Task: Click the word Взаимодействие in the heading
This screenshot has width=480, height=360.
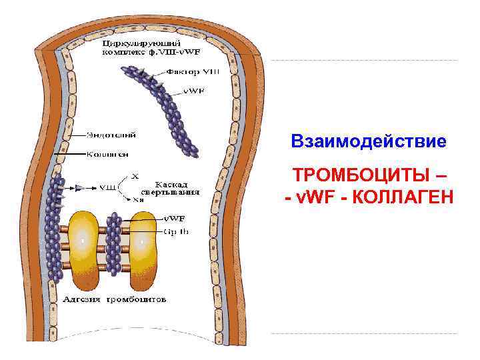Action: click(368, 142)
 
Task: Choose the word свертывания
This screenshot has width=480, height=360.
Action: click(178, 191)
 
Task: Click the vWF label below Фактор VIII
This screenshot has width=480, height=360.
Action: click(195, 91)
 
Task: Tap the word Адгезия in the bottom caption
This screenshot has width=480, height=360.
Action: click(83, 300)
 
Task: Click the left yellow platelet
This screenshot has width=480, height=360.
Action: click(83, 249)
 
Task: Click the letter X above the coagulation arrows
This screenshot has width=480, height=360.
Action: click(135, 176)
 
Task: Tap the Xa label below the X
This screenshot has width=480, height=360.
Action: click(138, 198)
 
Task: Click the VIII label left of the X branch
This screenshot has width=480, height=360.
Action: click(107, 187)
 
